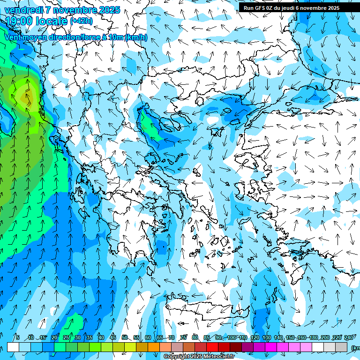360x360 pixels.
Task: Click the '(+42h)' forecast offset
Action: (x=81, y=21)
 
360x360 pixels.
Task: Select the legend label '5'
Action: (x=18, y=337)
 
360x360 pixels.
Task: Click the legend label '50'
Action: (x=124, y=337)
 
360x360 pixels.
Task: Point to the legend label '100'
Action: (x=232, y=337)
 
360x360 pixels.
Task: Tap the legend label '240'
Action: (x=349, y=337)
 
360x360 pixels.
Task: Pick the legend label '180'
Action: (x=314, y=337)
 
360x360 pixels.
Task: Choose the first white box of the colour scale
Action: (x=13, y=347)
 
